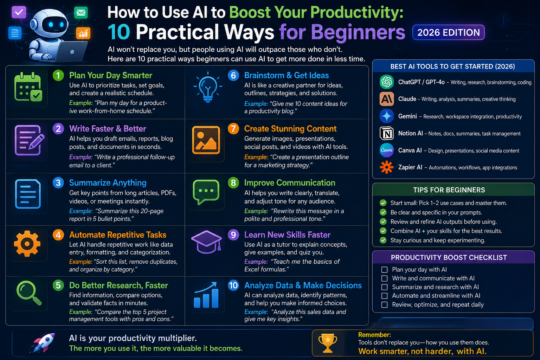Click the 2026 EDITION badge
[x=448, y=32]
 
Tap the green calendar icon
[x=28, y=87]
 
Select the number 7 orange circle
[x=233, y=129]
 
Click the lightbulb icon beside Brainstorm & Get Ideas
[x=208, y=87]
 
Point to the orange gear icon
[x=27, y=244]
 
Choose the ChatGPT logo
[x=387, y=82]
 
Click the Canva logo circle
[x=387, y=150]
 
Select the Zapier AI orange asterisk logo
[x=387, y=167]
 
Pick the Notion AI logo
[x=387, y=133]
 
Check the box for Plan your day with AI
[x=385, y=270]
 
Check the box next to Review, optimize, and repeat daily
[x=385, y=304]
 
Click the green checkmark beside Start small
[x=383, y=203]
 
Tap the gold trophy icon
[x=328, y=343]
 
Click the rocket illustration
[x=43, y=342]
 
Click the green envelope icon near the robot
[x=81, y=13]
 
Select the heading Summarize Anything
[x=108, y=183]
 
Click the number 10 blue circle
[x=233, y=285]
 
